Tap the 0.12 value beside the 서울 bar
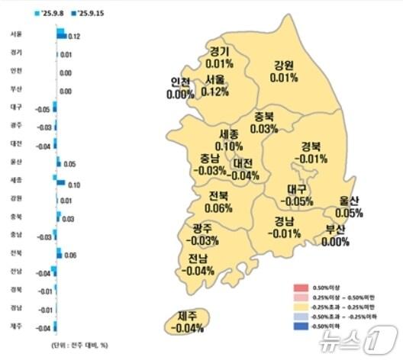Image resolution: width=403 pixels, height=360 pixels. pyautogui.click(x=75, y=37)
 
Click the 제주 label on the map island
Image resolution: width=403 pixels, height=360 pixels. pyautogui.click(x=188, y=317)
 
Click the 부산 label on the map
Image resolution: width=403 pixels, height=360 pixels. pyautogui.click(x=334, y=230)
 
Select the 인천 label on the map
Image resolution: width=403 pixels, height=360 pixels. pyautogui.click(x=181, y=82)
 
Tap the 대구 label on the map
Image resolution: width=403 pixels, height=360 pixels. pyautogui.click(x=297, y=189)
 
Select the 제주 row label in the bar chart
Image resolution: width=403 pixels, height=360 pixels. pyautogui.click(x=16, y=327)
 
